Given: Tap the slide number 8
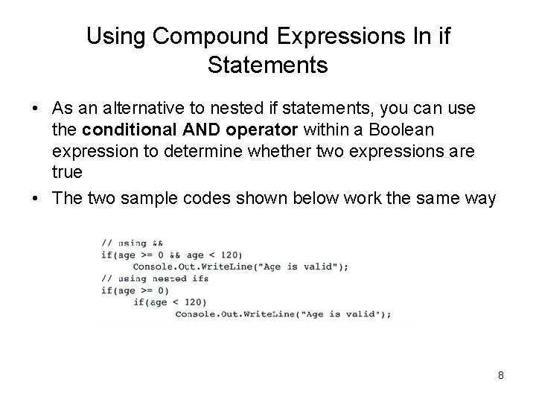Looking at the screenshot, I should [501, 375].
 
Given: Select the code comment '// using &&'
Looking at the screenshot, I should [133, 243].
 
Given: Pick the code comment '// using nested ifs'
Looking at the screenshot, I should [155, 278].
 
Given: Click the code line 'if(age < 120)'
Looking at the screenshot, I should [170, 302].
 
